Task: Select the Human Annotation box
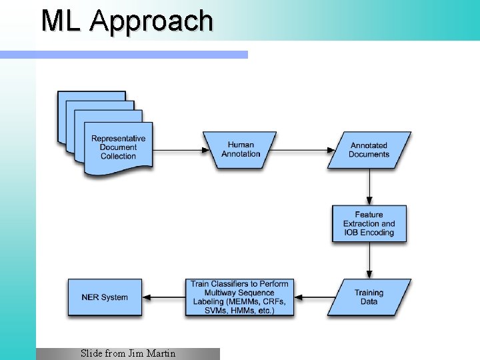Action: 241,149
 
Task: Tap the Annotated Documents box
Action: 369,149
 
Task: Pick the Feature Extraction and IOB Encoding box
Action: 369,223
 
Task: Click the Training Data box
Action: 369,297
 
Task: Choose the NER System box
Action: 105,297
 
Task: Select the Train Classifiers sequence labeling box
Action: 239,297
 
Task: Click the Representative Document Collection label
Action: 118,147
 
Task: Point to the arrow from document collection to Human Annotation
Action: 178,149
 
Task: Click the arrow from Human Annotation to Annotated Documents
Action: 301,149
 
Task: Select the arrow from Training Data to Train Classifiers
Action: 315,297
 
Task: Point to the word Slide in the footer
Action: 92,353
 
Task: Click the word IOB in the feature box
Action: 351,233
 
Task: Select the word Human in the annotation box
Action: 241,145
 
